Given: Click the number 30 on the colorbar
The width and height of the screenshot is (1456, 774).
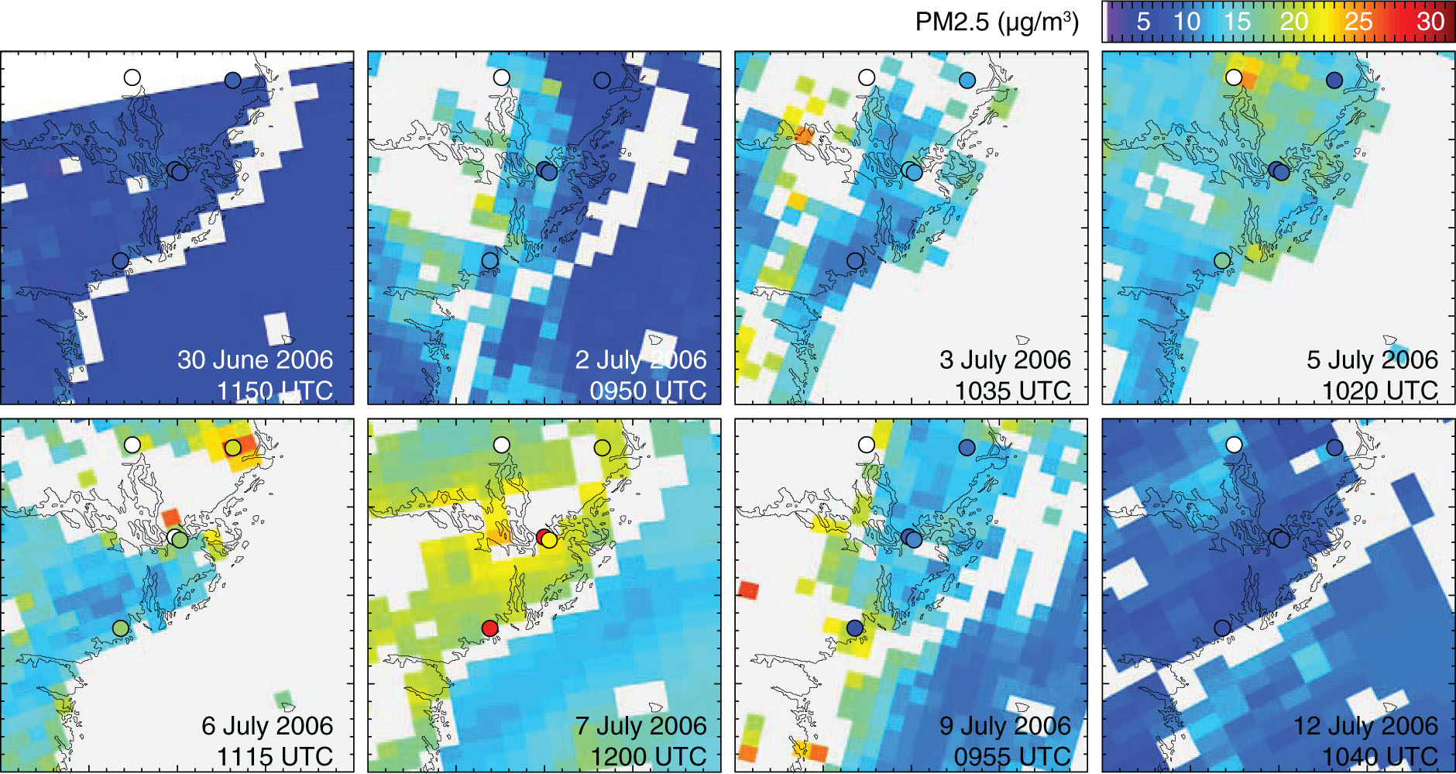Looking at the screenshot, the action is tap(1430, 22).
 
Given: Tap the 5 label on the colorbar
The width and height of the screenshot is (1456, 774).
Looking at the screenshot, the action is tap(1143, 22).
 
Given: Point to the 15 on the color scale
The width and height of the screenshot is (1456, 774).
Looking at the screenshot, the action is tap(1237, 22).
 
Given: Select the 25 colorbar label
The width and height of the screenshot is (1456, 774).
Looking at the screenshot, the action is tap(1358, 22).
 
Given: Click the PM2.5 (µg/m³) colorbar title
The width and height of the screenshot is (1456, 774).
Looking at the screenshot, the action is tap(997, 22).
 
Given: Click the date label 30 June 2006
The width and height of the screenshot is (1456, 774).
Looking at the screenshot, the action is tap(255, 360).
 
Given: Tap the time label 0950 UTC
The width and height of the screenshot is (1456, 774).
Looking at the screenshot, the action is tap(647, 390).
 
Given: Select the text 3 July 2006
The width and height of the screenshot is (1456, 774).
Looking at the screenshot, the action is tap(1004, 360).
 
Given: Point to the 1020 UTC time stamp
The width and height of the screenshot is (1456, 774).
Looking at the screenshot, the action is tap(1380, 390).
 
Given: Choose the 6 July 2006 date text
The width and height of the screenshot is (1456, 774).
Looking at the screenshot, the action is tap(267, 726).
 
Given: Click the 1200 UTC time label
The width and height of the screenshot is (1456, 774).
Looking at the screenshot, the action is tap(648, 756).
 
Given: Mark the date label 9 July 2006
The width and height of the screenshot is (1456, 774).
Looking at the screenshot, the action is tap(1004, 726).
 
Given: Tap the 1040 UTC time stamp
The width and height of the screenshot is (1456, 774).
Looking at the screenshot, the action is tap(1380, 756).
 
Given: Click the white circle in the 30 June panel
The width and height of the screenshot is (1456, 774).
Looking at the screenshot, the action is tap(132, 77).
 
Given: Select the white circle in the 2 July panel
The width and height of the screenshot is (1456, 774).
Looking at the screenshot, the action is tap(502, 77).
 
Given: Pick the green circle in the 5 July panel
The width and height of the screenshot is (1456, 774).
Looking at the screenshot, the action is tap(1222, 260).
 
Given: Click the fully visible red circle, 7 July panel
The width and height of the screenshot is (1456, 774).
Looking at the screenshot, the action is tap(489, 628).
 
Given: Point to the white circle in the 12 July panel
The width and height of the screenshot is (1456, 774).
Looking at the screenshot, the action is tap(1234, 445).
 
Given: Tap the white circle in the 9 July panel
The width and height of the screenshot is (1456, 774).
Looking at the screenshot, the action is tap(867, 445).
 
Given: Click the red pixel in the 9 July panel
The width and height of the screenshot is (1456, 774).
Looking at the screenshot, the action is tap(749, 590).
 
